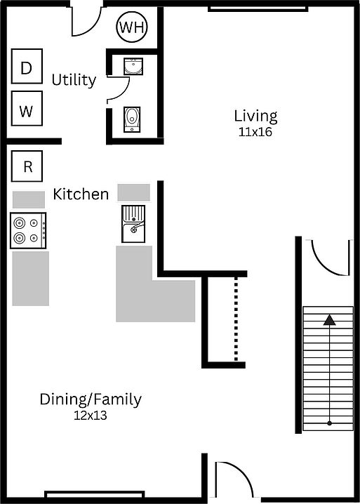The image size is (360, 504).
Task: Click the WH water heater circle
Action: coord(132,27)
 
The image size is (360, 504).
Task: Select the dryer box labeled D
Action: coord(27,66)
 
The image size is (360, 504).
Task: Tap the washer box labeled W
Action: coord(27,108)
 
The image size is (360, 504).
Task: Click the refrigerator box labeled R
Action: coord(27,166)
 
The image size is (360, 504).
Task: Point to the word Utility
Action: coord(74,80)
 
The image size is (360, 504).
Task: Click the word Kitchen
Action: coord(81,194)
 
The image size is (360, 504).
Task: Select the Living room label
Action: coord(255,117)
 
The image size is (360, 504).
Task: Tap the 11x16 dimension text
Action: coord(255,132)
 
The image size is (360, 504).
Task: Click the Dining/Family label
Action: coord(91,399)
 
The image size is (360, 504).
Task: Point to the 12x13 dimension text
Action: coord(91,416)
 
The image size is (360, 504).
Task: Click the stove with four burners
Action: coord(28,230)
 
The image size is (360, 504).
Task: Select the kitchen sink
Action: coord(133,224)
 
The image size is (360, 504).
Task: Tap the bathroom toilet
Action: coord(132,119)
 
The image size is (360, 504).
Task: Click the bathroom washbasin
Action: coord(133,66)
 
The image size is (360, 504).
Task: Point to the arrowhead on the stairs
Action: coord(329,320)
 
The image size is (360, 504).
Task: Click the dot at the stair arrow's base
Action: coord(329,423)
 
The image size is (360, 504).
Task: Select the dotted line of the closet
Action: coord(236,319)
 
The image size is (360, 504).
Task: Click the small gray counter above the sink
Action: coord(134,192)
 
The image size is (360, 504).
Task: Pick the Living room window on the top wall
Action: coord(258,9)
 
